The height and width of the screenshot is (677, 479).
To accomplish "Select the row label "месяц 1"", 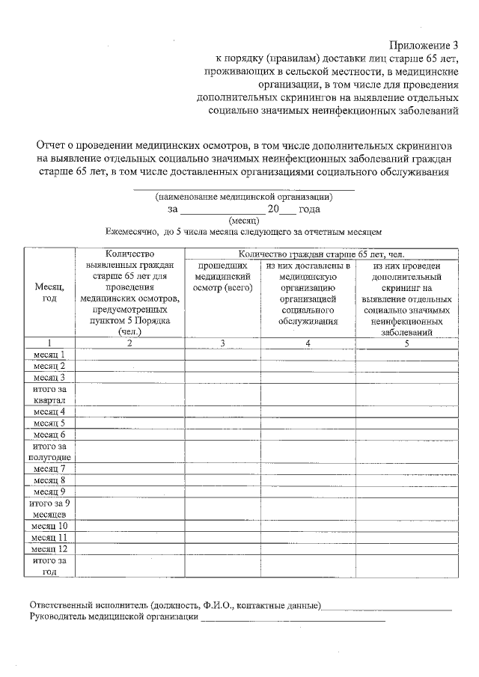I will click(49, 355).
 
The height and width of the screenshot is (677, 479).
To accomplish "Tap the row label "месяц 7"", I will click(49, 469).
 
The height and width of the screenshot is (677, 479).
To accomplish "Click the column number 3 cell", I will click(222, 343).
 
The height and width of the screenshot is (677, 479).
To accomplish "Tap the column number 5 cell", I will click(406, 343).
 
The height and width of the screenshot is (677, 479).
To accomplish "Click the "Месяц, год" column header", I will click(49, 292).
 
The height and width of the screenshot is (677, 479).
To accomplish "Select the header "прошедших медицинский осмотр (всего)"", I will click(222, 277).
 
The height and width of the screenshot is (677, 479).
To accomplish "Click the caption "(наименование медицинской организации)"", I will click(244, 197).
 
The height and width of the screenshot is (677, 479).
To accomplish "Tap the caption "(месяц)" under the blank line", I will click(244, 221).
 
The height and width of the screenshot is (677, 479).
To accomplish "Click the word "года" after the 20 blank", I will click(309, 209).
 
